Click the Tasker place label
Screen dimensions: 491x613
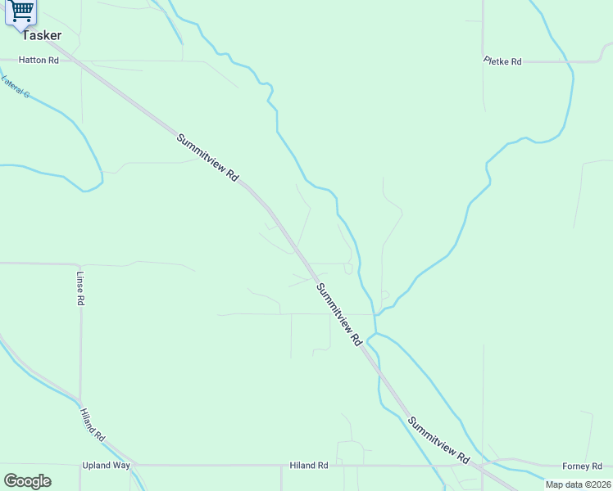41,35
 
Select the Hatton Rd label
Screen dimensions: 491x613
40,60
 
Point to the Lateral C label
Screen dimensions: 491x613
16,88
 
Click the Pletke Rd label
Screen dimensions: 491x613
502,61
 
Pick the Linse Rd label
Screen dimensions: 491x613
80,288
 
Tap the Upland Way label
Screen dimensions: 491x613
106,466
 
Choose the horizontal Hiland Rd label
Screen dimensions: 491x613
309,466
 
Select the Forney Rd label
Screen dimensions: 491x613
582,466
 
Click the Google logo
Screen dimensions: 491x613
27,481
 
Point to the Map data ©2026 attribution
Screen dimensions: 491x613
577,484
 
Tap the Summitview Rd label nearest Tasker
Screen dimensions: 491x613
207,157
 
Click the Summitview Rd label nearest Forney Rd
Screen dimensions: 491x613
438,439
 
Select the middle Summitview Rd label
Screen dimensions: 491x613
339,314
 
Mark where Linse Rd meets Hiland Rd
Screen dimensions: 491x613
80,403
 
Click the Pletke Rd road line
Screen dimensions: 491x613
557,61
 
